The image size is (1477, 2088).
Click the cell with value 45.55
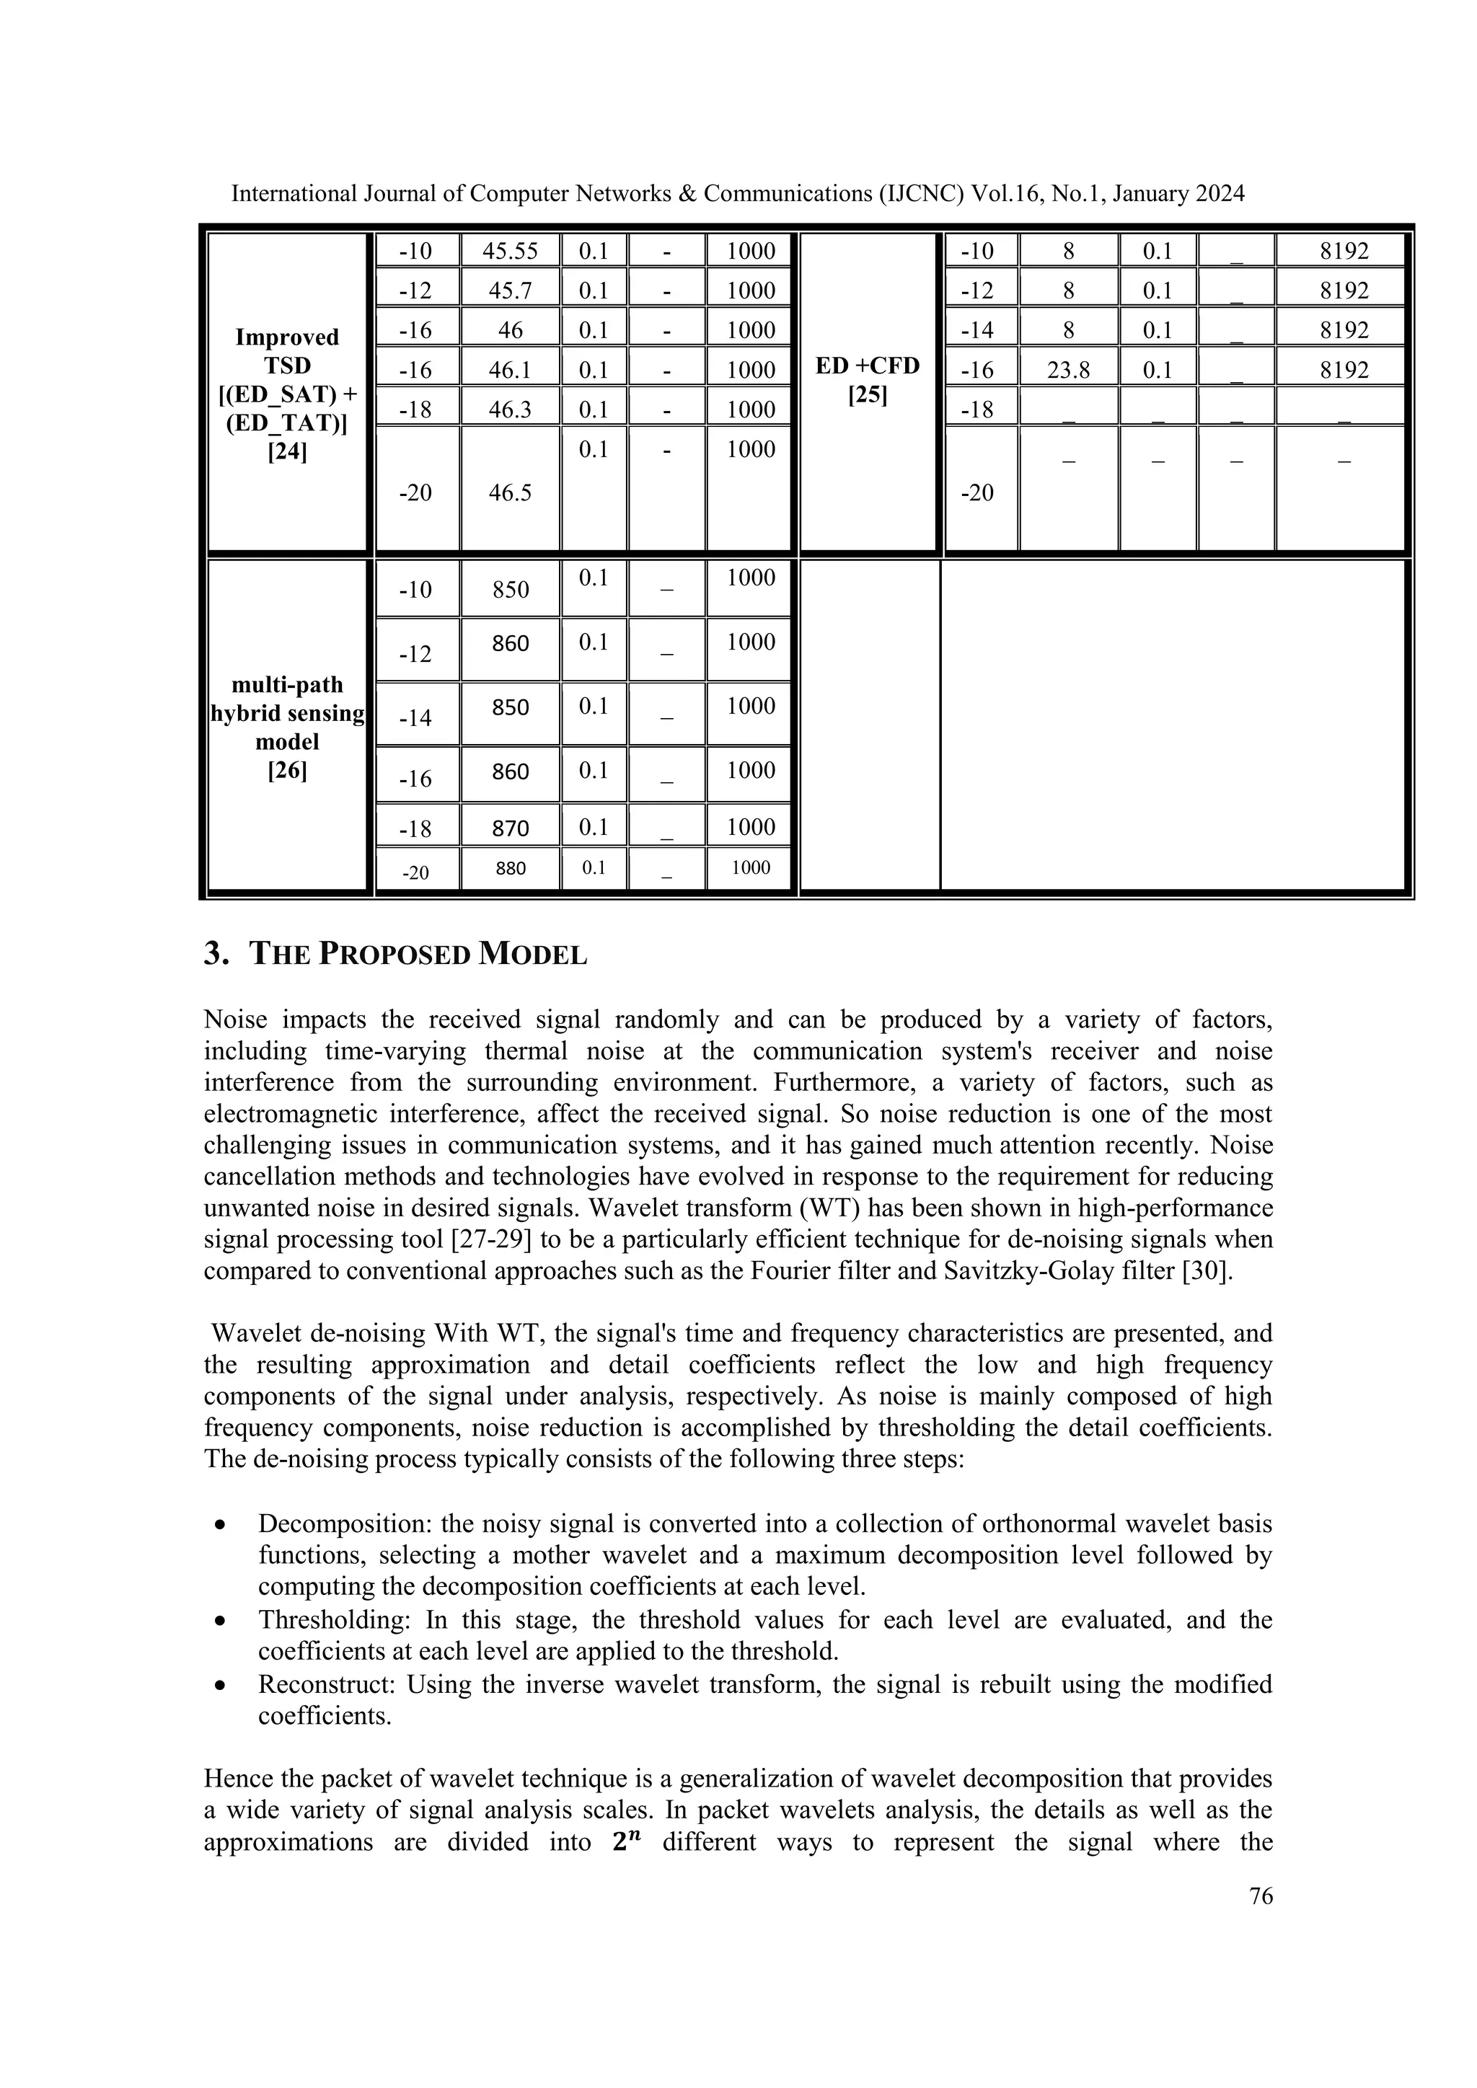tap(509, 251)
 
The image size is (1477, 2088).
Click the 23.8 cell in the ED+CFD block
tap(1068, 370)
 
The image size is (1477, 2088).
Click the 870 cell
tap(510, 828)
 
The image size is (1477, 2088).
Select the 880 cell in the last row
tap(510, 869)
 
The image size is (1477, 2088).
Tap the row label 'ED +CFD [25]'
tap(868, 380)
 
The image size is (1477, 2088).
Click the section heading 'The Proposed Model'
tap(396, 954)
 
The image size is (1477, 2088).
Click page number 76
tap(1261, 1896)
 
